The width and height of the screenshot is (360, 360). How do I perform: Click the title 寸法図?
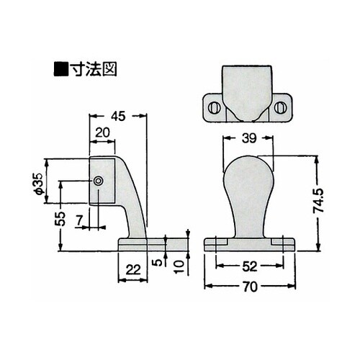coord(92,71)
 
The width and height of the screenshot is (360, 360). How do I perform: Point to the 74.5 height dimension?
coord(328,203)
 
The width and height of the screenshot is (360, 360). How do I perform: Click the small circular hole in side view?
coord(98,181)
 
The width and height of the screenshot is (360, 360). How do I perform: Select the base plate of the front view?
coord(248,243)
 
